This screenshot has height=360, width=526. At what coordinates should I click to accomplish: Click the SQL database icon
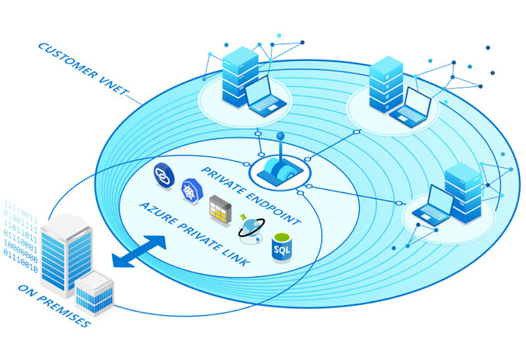click(x=283, y=247)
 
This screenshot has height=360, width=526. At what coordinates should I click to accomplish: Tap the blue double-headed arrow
click(x=139, y=252)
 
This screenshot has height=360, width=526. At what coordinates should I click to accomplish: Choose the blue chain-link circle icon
click(x=164, y=172)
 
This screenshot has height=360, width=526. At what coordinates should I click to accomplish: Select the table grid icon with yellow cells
click(x=220, y=207)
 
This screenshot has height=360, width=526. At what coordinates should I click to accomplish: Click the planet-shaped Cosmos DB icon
click(x=250, y=226)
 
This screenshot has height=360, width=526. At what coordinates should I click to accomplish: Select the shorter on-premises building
click(x=95, y=294)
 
